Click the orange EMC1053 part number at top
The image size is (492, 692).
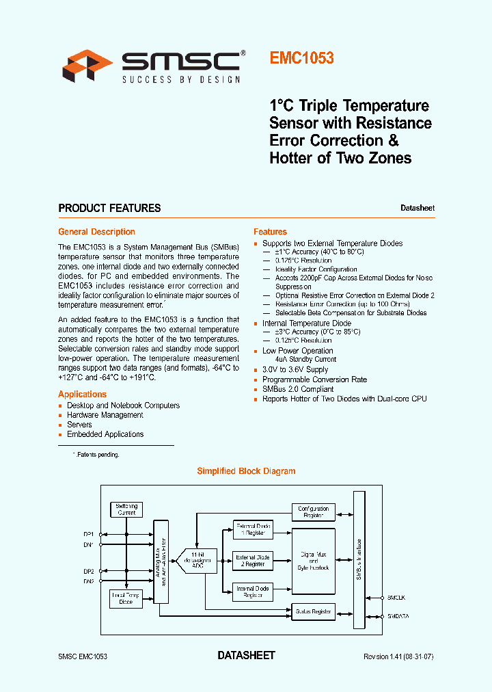coord(301,58)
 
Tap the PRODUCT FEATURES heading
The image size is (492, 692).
coord(109,208)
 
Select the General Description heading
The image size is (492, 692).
coord(96,232)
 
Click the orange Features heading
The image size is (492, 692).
coord(270,232)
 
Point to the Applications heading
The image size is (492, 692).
coord(82,394)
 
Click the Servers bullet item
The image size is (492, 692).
coord(79,425)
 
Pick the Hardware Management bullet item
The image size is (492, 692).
coord(105,415)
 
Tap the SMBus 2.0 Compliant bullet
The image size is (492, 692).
coord(298,389)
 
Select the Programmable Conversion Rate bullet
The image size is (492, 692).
coord(314,380)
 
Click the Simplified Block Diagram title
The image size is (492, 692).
coord(246,471)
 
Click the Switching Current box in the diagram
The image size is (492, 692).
coord(126,509)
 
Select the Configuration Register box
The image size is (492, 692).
coord(314,512)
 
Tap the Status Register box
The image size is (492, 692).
coord(314,611)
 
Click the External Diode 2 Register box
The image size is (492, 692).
coord(254,561)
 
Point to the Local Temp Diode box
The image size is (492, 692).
coord(126,599)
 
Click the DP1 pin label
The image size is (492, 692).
coord(89,533)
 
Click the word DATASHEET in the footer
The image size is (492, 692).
coord(246,655)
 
